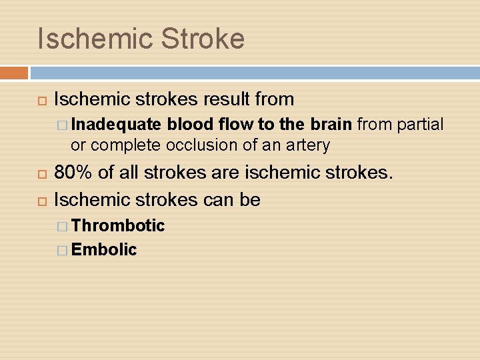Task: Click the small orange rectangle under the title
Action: (14, 73)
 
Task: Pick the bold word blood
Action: (187, 124)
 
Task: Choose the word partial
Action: (421, 124)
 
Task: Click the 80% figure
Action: (73, 174)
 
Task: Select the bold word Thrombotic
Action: (118, 225)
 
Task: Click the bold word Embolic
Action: (104, 250)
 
